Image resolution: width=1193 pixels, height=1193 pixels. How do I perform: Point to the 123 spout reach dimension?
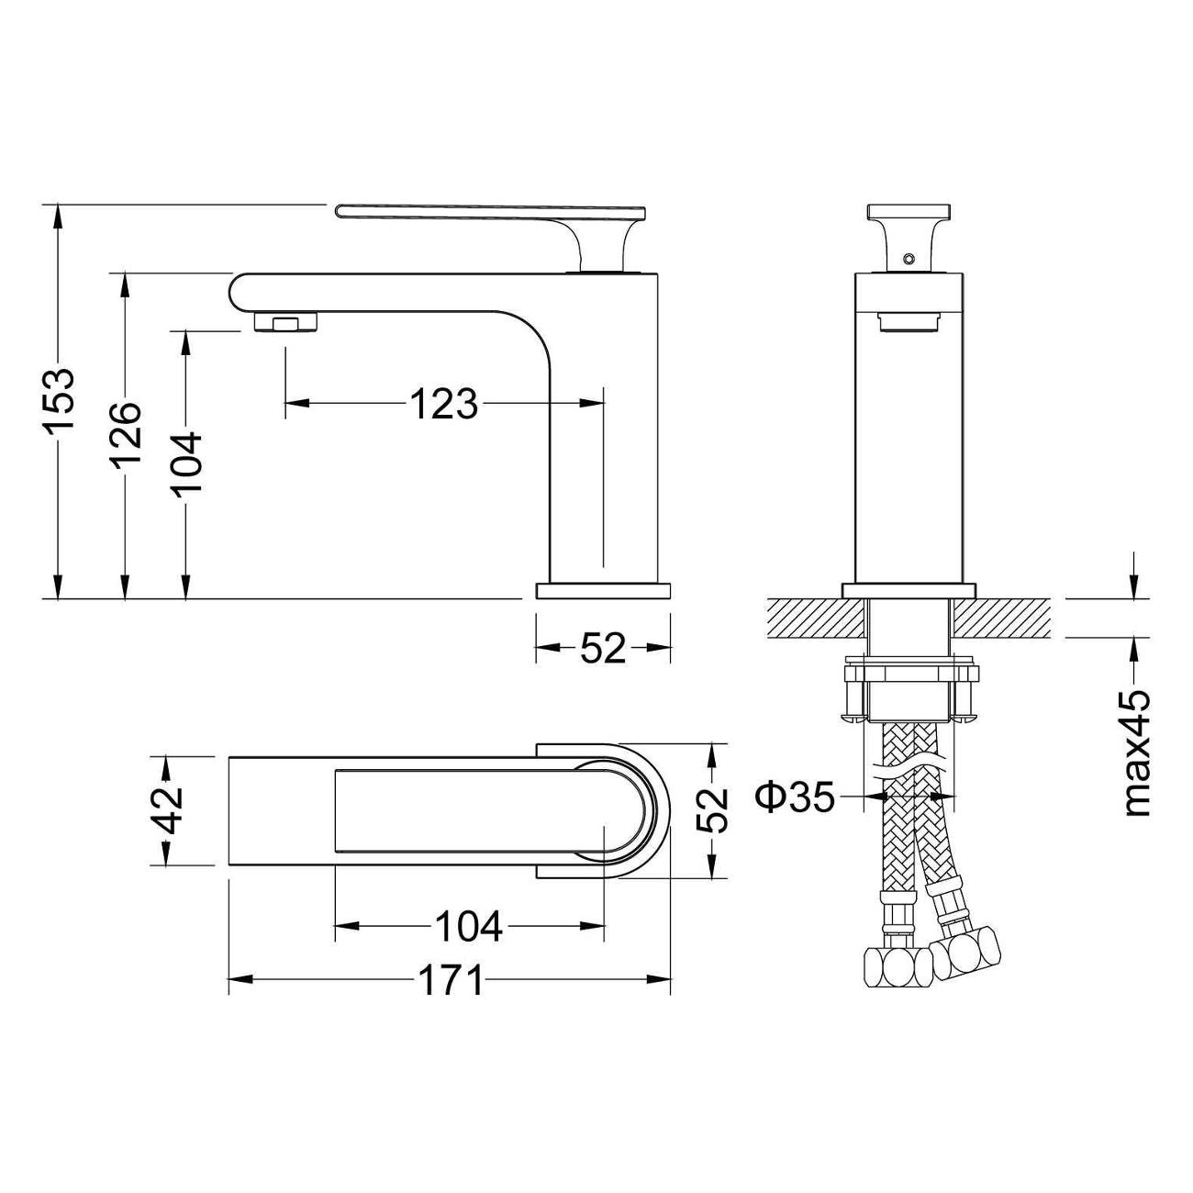click(x=444, y=404)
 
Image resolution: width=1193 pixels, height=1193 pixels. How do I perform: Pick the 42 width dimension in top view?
click(x=167, y=811)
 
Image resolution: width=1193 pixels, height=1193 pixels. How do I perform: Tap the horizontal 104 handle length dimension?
click(x=468, y=926)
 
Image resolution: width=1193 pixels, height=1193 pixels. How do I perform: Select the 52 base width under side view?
click(x=603, y=648)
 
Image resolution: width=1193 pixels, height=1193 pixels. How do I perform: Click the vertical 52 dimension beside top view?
click(x=712, y=811)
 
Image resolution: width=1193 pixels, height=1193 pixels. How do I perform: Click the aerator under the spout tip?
click(x=287, y=322)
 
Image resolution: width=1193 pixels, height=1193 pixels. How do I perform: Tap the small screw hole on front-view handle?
click(x=909, y=258)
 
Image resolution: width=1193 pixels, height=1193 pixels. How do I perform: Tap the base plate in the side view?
click(x=603, y=590)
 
